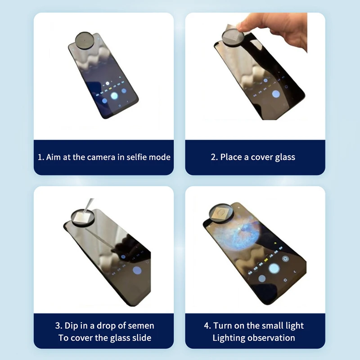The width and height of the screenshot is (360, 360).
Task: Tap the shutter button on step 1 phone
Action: pyautogui.click(x=114, y=95)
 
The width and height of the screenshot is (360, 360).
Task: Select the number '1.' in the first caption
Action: pyautogui.click(x=41, y=157)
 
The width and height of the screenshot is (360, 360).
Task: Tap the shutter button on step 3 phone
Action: pyautogui.click(x=137, y=270)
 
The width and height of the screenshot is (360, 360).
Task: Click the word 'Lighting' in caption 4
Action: pyautogui.click(x=229, y=338)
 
